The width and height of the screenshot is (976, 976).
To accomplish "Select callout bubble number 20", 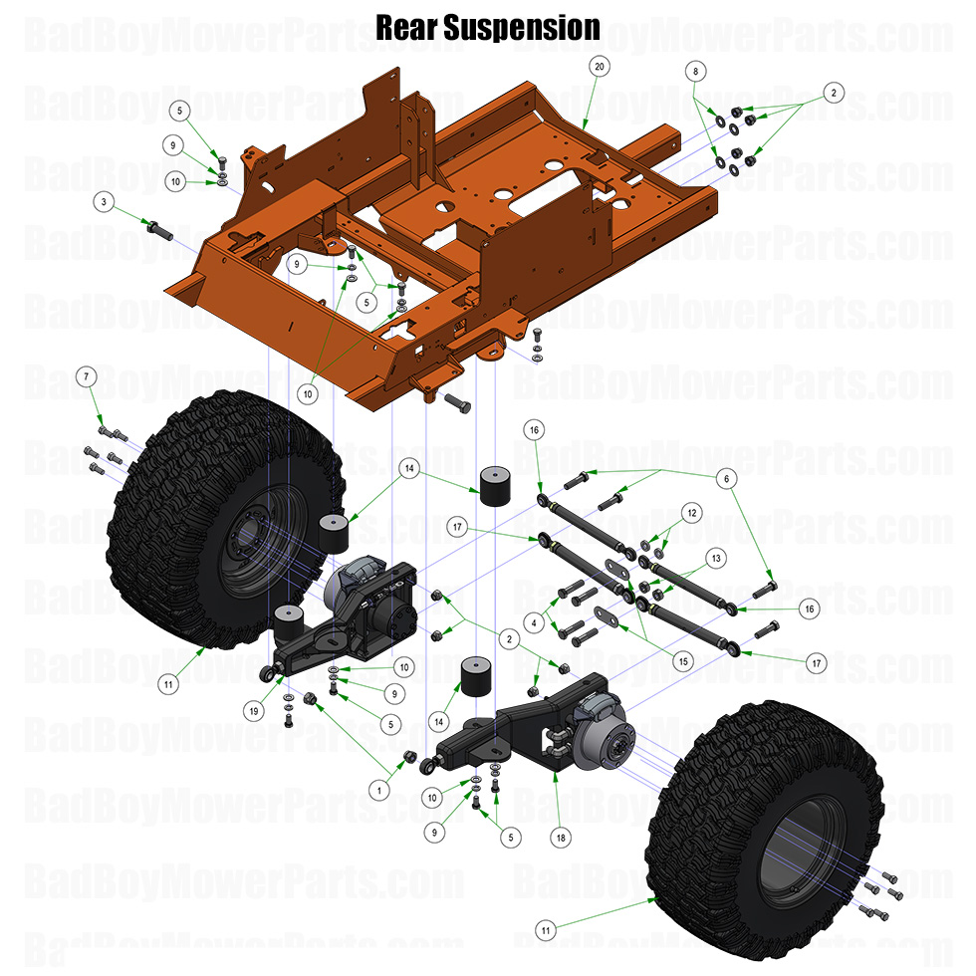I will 599,66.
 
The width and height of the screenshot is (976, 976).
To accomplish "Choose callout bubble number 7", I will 87,376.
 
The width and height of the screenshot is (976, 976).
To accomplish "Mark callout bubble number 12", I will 693,512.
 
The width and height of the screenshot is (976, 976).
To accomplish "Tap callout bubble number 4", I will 536,623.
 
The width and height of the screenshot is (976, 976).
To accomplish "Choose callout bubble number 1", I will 377,789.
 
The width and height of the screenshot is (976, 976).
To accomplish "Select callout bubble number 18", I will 563,839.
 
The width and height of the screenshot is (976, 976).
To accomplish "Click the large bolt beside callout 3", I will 159,227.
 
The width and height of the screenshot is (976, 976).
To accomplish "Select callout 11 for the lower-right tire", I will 545,929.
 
